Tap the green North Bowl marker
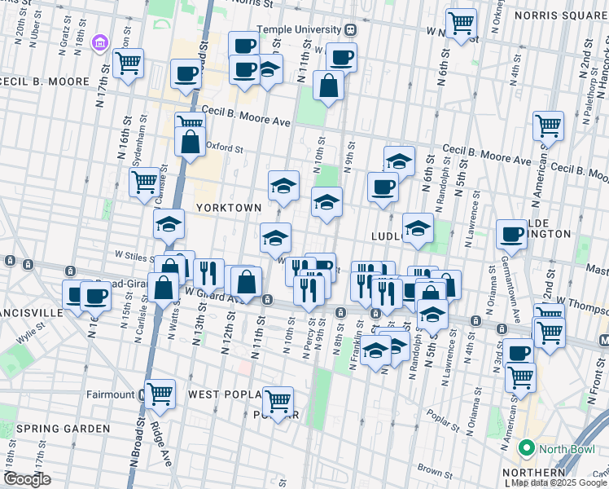click(x=526, y=448)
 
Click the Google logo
click(x=27, y=480)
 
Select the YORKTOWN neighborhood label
click(x=228, y=208)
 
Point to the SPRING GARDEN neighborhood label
click(x=63, y=429)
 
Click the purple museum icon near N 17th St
click(x=101, y=42)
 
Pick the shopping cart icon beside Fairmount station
click(x=160, y=394)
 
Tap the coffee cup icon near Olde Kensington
click(x=511, y=234)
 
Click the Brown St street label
click(x=436, y=472)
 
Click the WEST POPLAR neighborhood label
click(x=224, y=394)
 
